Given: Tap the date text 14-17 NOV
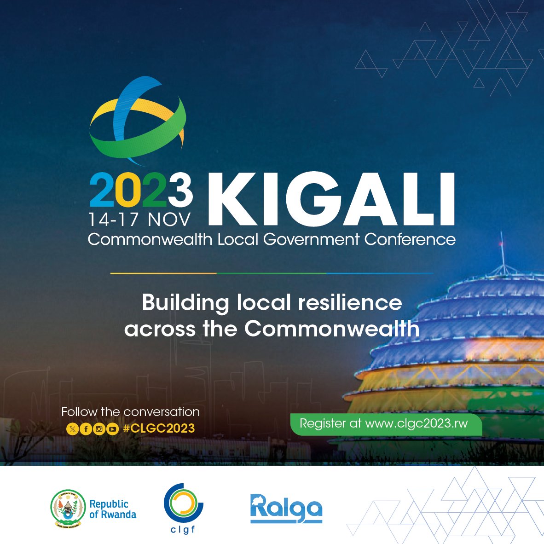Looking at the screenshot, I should [139, 220].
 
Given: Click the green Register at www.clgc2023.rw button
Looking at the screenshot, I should [384, 424].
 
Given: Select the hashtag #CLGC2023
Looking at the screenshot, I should [159, 428].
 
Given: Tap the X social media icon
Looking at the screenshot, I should [72, 429].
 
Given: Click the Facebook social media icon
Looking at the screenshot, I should [86, 429].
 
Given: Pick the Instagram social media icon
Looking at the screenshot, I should [99, 429].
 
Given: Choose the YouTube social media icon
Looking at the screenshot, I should [112, 429].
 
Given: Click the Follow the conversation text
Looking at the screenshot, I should [130, 411].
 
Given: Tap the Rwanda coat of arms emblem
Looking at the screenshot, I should [68, 508].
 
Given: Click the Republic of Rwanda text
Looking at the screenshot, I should [112, 509].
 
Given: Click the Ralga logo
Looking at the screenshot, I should [286, 508].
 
